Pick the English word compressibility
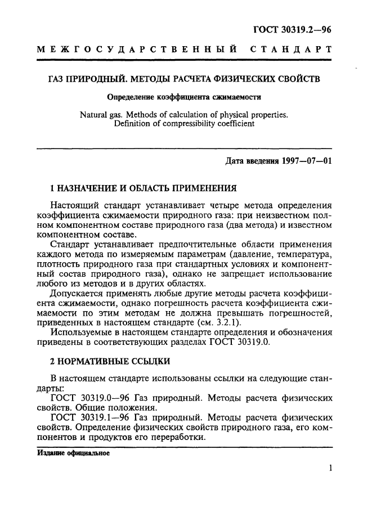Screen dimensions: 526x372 click(181, 124)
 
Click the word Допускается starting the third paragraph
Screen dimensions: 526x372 click(77, 294)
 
